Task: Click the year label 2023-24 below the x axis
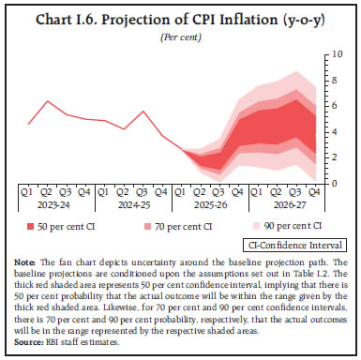pos(55,209)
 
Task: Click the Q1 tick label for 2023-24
pos(31,194)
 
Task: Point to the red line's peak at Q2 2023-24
pos(49,100)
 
